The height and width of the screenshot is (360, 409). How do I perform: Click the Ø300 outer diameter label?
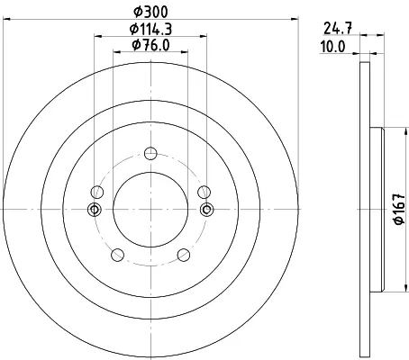tap(150, 12)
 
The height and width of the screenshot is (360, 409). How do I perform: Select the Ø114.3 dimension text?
tap(150, 29)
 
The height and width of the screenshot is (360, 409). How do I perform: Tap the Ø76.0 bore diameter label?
tap(150, 45)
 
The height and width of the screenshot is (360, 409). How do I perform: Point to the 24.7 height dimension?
tap(338, 29)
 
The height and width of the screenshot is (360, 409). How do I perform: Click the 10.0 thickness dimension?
tap(332, 47)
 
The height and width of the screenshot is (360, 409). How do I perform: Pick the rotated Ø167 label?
tap(399, 209)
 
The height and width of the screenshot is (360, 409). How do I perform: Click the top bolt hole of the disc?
tap(150, 153)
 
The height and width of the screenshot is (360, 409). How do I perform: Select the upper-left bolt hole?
tap(96, 192)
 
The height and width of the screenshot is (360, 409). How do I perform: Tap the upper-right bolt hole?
tap(204, 192)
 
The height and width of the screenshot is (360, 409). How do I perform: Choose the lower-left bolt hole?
tap(117, 255)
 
